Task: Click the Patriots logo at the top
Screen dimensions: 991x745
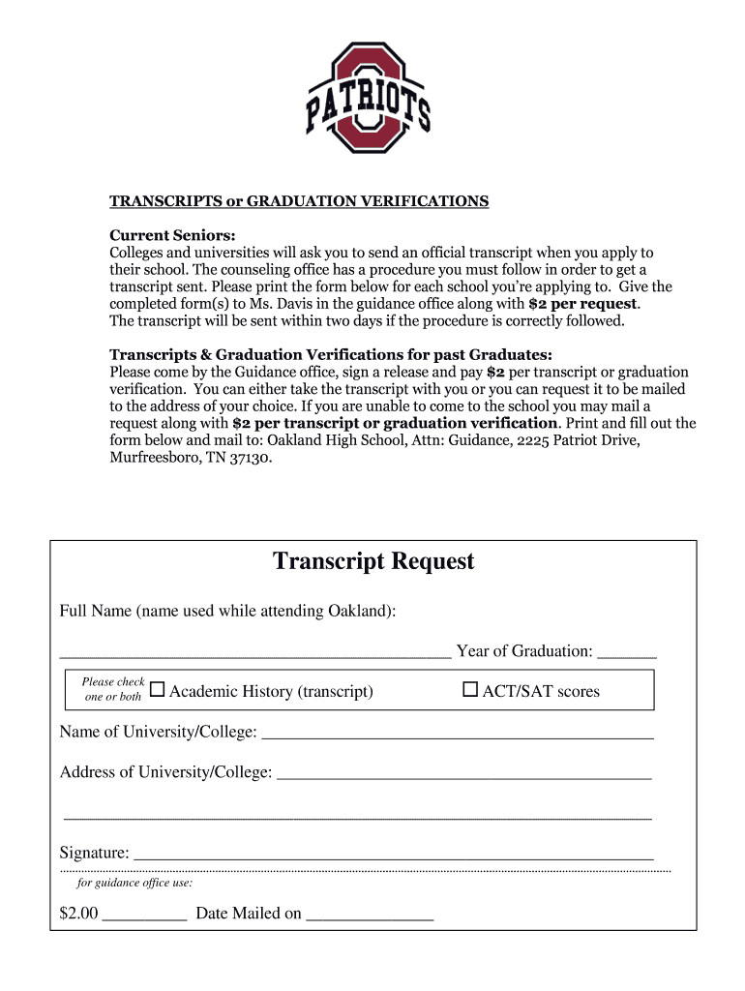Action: point(369,98)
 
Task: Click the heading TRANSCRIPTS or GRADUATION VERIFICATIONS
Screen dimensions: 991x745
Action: point(299,201)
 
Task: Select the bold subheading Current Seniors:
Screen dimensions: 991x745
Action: point(172,235)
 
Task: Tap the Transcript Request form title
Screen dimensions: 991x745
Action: point(373,561)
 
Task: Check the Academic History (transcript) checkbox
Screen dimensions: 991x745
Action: point(158,690)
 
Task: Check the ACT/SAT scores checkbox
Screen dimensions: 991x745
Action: point(470,690)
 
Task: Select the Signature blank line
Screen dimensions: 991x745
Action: point(393,856)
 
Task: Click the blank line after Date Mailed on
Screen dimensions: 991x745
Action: point(370,916)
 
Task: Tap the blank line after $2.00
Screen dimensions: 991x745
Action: point(144,916)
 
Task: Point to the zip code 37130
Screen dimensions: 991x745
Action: point(251,458)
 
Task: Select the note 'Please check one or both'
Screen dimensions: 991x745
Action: point(113,689)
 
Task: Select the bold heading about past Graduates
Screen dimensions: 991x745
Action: point(331,354)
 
